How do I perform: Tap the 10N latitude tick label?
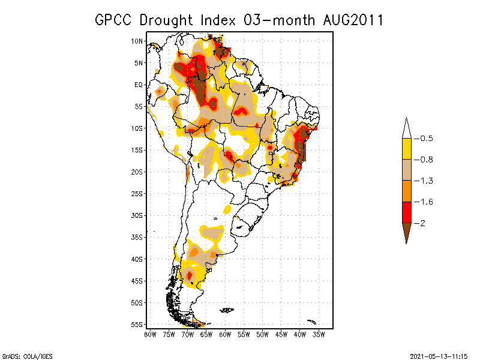(x=137, y=41)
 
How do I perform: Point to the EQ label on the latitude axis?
(x=138, y=85)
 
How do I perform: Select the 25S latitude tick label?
(x=137, y=193)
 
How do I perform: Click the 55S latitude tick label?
(x=137, y=324)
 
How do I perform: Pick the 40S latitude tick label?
(x=137, y=259)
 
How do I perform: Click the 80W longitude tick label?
(x=150, y=334)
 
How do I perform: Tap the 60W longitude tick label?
(x=225, y=334)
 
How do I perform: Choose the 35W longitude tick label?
(x=319, y=334)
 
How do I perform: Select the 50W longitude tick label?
(x=263, y=334)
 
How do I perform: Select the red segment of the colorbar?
(x=406, y=212)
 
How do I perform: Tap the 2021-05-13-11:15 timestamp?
(x=437, y=355)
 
